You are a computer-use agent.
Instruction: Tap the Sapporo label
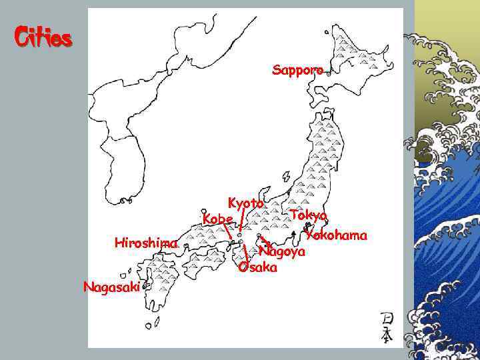click(297, 69)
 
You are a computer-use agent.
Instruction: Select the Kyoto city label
click(246, 203)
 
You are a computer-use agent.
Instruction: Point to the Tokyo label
click(308, 215)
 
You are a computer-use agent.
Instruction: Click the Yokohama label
click(337, 235)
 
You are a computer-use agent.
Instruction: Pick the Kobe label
click(217, 219)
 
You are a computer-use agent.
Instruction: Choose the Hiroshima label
click(145, 243)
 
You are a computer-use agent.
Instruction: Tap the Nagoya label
click(282, 252)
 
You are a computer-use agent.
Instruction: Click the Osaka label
click(257, 267)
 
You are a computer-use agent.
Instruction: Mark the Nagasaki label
click(111, 287)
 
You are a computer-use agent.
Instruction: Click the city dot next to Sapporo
click(329, 75)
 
